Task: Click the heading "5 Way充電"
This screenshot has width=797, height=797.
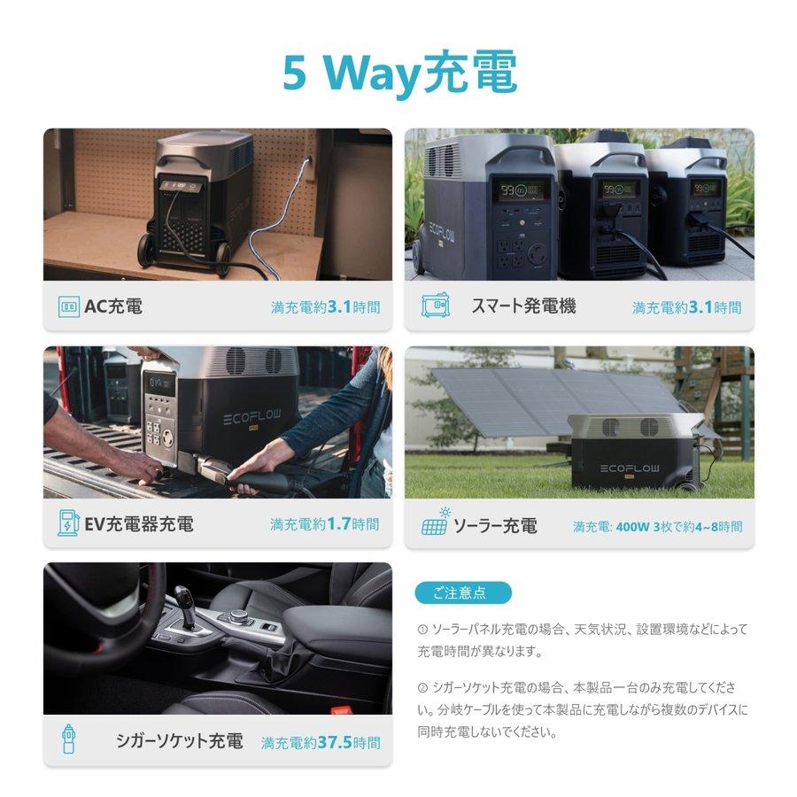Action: [399, 74]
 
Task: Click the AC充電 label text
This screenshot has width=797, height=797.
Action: [112, 307]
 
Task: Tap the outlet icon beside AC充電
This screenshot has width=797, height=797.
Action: [68, 307]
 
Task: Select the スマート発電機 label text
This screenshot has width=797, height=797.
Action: [522, 306]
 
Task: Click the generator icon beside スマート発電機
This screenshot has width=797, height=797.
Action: [435, 306]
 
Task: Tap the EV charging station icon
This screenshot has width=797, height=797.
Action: [67, 523]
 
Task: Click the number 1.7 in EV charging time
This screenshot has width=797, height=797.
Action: [339, 524]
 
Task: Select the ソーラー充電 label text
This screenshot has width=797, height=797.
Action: [494, 526]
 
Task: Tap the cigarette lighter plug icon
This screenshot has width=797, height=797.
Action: [68, 739]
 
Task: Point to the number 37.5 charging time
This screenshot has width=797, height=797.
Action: [334, 743]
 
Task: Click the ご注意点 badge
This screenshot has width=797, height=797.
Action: [462, 592]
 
